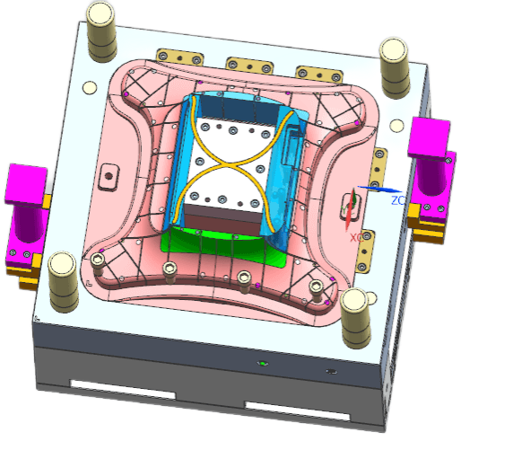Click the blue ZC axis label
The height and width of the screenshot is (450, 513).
398,200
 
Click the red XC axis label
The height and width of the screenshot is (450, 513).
357,238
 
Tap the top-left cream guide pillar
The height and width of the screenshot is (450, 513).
101,31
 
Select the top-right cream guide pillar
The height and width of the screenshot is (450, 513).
395,68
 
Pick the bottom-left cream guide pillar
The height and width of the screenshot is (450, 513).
63,281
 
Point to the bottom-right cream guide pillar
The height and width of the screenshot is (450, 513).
355,318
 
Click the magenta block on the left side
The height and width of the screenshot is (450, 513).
25,216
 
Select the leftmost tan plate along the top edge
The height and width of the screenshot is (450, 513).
180,57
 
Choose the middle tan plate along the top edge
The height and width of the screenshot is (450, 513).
249,66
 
